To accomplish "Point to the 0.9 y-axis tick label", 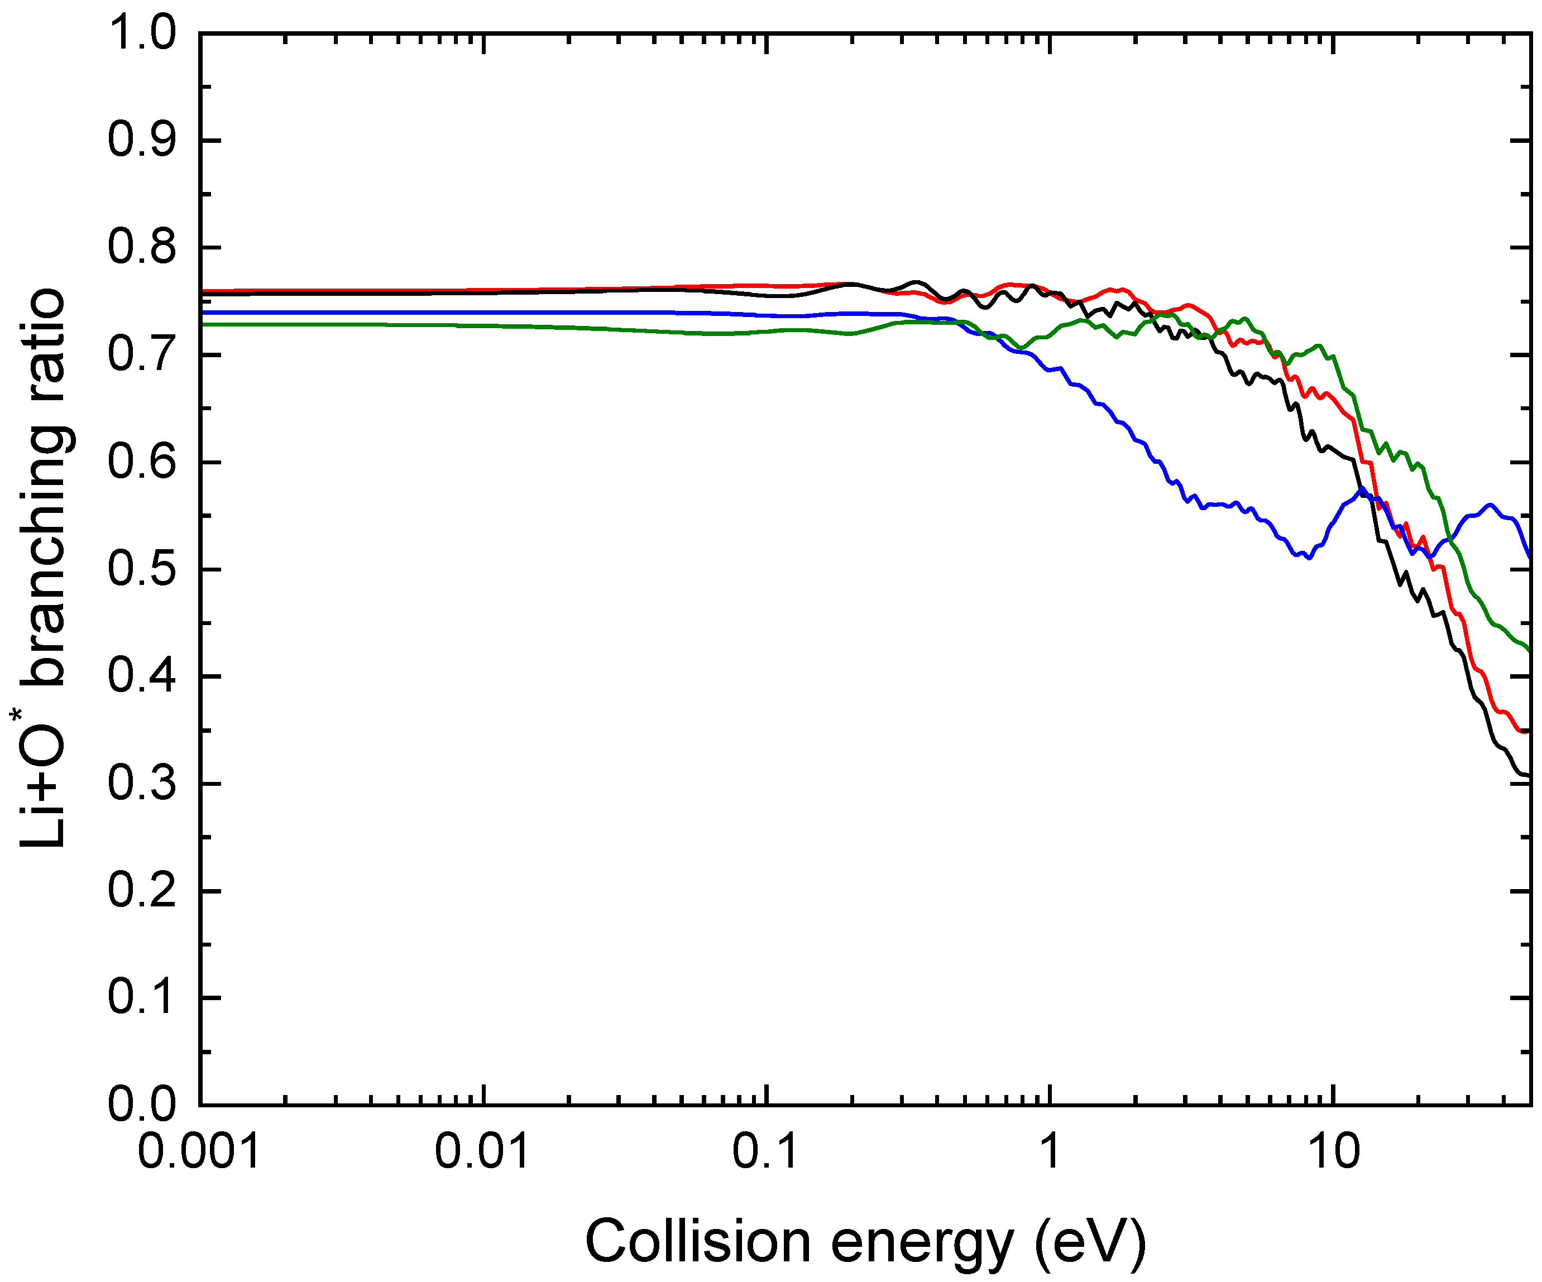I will pyautogui.click(x=142, y=140).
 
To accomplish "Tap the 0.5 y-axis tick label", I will pyautogui.click(x=142, y=569).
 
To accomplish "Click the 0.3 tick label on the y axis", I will pyautogui.click(x=142, y=784).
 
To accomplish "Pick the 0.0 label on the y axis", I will pyautogui.click(x=142, y=1103).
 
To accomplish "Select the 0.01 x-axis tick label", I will pyautogui.click(x=482, y=1151).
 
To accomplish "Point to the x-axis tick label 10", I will pyautogui.click(x=1333, y=1151).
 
